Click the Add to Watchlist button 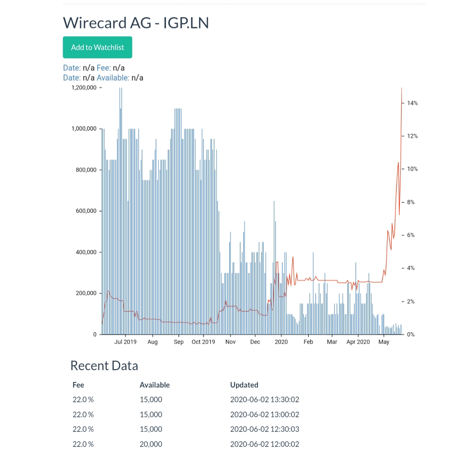click(x=97, y=47)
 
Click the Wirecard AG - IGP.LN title click(x=135, y=23)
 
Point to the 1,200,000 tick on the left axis click(x=84, y=88)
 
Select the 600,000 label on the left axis click(x=86, y=211)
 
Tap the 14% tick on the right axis click(x=412, y=103)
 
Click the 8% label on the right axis click(x=410, y=202)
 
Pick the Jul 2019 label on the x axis click(x=125, y=342)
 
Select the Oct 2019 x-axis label click(x=203, y=342)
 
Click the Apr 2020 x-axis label click(x=358, y=342)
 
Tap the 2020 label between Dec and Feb click(x=281, y=342)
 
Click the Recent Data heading click(x=104, y=365)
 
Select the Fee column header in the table click(x=78, y=385)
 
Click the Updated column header click(x=244, y=385)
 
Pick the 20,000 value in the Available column click(x=150, y=444)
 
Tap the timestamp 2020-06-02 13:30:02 click(x=264, y=399)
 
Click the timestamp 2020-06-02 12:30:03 click(x=264, y=429)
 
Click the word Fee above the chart click(x=103, y=68)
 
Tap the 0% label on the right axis click(x=410, y=334)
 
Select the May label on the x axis click(x=384, y=342)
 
